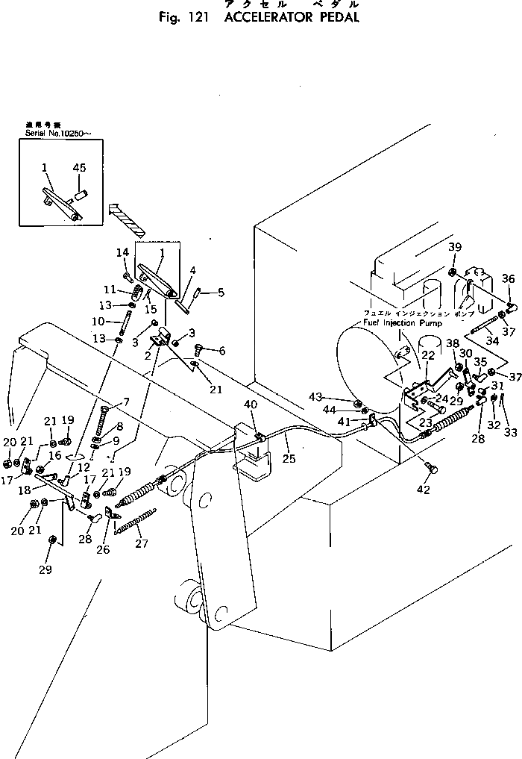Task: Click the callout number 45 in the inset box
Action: click(79, 168)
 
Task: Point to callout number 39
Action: click(455, 248)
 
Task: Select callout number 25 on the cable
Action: click(289, 459)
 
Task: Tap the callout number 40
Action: click(250, 405)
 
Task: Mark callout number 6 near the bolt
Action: click(221, 349)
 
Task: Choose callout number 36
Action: click(508, 278)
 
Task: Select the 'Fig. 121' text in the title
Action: click(183, 16)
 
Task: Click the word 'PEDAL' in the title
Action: click(333, 16)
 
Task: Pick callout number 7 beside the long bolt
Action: click(126, 402)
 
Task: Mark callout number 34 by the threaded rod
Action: click(493, 341)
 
